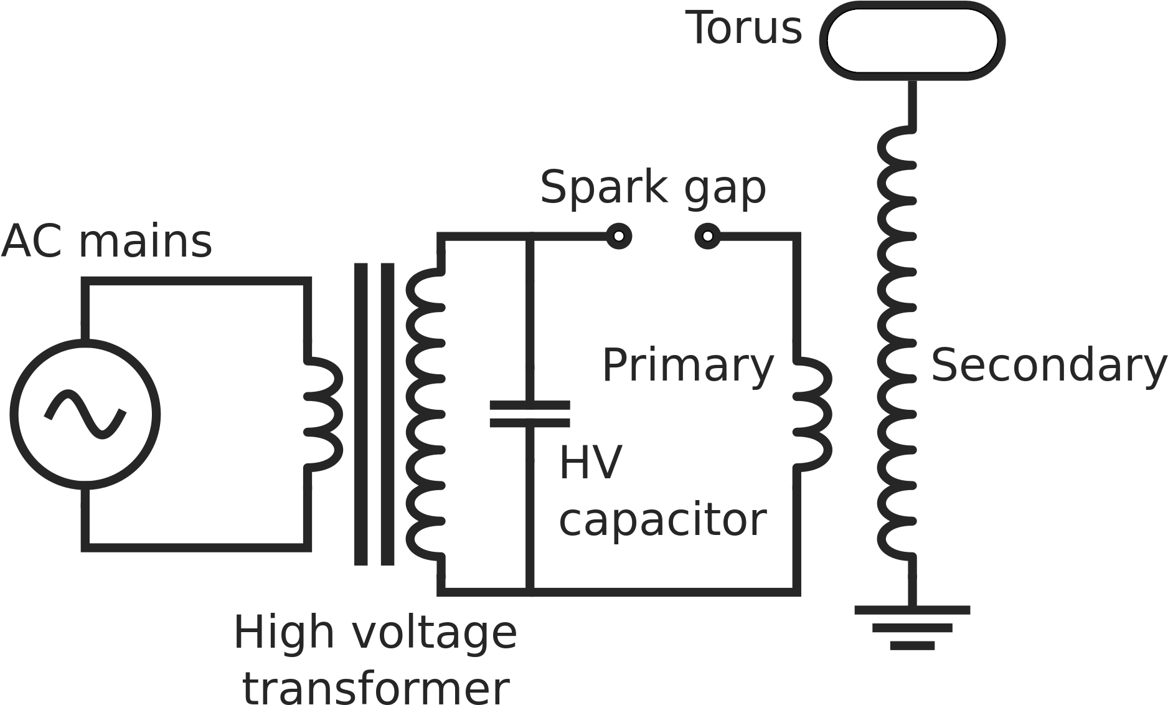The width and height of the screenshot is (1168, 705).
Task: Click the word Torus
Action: tap(746, 28)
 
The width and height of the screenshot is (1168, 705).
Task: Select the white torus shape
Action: tap(911, 40)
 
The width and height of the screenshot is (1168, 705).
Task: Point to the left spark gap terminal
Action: tap(618, 236)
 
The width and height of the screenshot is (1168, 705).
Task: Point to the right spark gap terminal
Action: tap(707, 236)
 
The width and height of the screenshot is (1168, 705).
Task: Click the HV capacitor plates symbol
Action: tap(530, 414)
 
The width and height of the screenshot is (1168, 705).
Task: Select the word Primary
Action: tap(687, 366)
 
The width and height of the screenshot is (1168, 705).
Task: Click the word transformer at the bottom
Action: tap(376, 688)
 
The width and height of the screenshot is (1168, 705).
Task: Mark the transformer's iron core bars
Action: tap(375, 414)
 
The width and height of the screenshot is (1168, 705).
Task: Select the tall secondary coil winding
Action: tap(897, 343)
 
